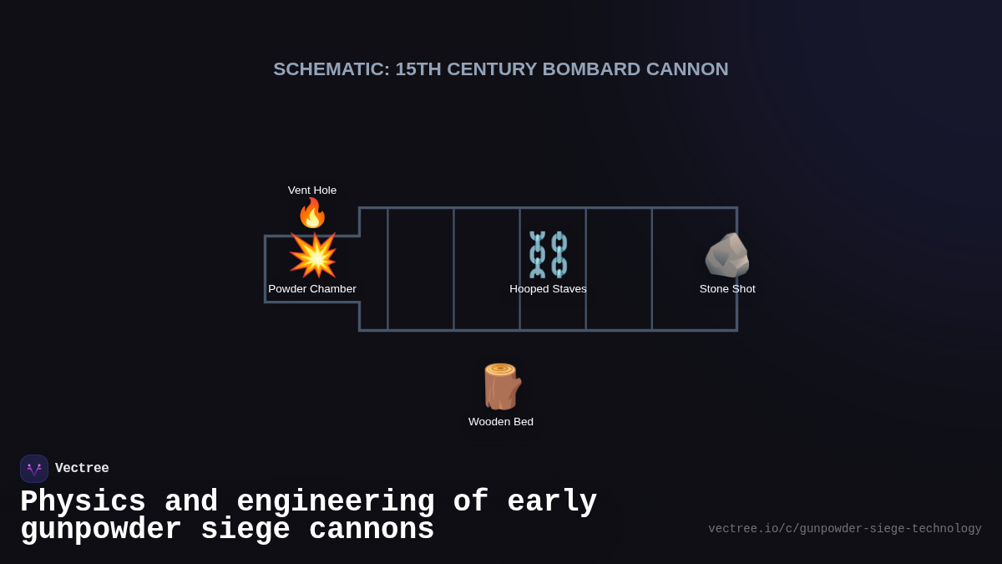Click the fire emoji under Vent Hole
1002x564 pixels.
pyautogui.click(x=312, y=213)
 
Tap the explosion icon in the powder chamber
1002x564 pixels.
pyautogui.click(x=313, y=255)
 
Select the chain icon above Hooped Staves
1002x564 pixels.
pyautogui.click(x=548, y=254)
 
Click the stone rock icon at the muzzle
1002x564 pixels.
pyautogui.click(x=727, y=255)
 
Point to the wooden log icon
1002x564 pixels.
pyautogui.click(x=501, y=386)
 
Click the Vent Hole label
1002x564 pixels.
pyautogui.click(x=312, y=191)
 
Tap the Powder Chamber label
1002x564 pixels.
pyautogui.click(x=312, y=289)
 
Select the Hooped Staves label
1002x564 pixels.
pyautogui.click(x=548, y=289)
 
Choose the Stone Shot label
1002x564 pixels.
pyautogui.click(x=727, y=289)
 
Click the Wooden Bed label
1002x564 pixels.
pyautogui.click(x=501, y=422)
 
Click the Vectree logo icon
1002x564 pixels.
pyautogui.click(x=34, y=469)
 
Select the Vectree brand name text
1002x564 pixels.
pyautogui.click(x=82, y=469)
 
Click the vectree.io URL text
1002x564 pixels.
pyautogui.click(x=844, y=529)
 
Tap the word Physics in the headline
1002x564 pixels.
pyautogui.click(x=83, y=502)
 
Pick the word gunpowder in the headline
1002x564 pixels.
pyautogui.click(x=101, y=530)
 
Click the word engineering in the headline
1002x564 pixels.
pyautogui.click(x=336, y=502)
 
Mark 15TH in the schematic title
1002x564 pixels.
pyautogui.click(x=417, y=69)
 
